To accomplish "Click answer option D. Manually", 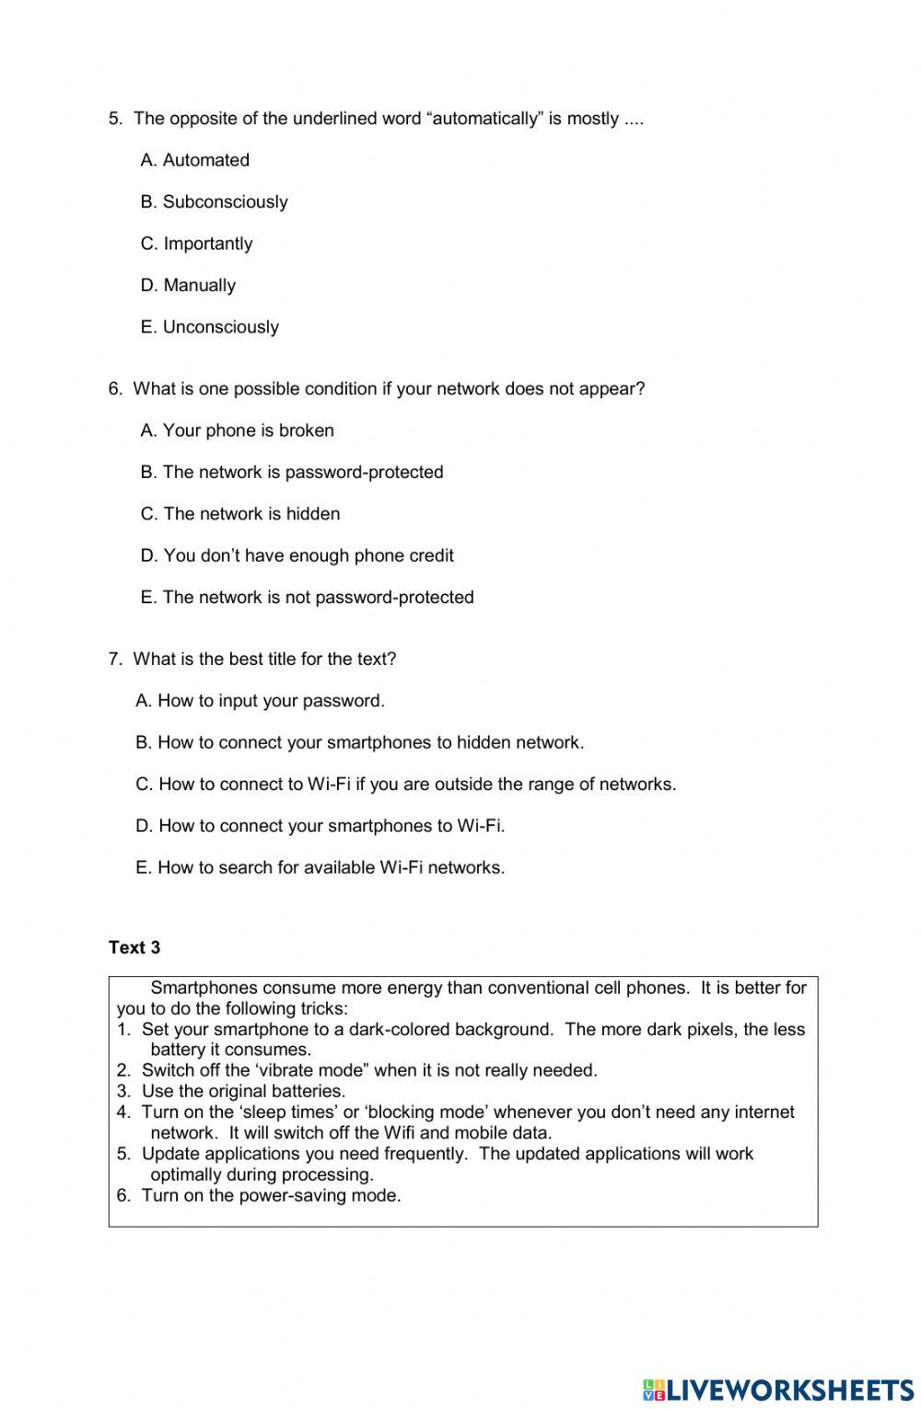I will (x=188, y=285).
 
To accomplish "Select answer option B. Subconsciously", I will (x=214, y=202).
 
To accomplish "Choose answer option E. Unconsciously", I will (x=209, y=327).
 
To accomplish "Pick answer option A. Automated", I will (x=194, y=160).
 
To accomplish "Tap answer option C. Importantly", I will (x=196, y=244).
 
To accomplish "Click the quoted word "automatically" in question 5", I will (x=484, y=119).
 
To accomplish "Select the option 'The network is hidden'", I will (x=240, y=514).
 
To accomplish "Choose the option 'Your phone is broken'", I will (x=237, y=431).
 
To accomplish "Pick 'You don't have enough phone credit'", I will (x=297, y=555).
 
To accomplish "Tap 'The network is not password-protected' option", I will (x=307, y=598).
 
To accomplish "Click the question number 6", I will (x=115, y=389).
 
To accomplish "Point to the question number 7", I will (x=115, y=659).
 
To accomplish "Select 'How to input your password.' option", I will (x=260, y=701).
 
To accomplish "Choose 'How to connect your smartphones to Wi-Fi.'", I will (x=320, y=826).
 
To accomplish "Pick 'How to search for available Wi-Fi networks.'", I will (x=320, y=868).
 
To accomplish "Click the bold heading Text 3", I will (x=134, y=948).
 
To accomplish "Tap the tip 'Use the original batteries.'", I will (x=243, y=1091).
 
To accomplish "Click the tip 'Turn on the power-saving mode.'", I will (x=271, y=1196).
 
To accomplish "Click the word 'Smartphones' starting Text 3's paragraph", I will (x=197, y=988).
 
